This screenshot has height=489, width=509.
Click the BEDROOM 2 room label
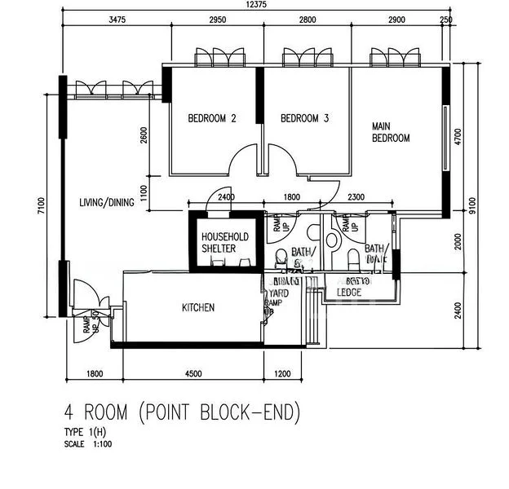point(212,119)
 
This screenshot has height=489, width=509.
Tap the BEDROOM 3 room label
point(304,119)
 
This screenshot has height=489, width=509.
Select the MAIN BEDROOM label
point(391,132)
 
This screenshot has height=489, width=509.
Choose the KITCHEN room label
point(198,307)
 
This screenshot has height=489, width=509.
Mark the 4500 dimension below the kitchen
point(193,374)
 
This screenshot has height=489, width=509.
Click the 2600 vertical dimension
point(144,135)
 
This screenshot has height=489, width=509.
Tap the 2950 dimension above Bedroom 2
point(215,20)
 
